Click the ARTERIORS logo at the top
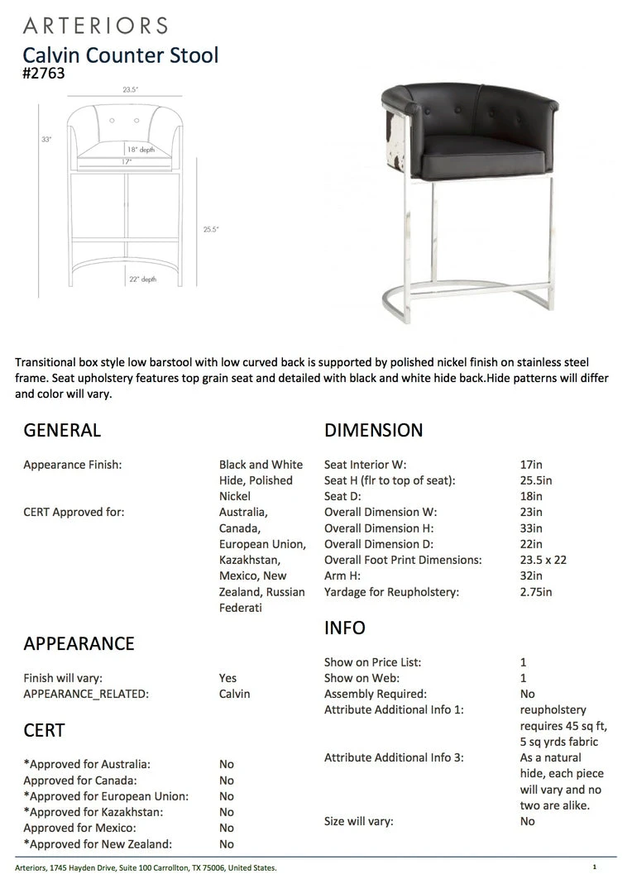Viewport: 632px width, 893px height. click(95, 26)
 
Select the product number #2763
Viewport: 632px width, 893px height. click(44, 74)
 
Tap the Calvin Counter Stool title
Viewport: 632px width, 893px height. click(121, 55)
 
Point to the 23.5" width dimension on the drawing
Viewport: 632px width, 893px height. click(130, 89)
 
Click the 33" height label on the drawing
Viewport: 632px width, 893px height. click(46, 140)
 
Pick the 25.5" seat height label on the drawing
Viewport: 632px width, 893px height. click(211, 229)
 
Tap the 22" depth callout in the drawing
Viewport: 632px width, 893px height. click(142, 279)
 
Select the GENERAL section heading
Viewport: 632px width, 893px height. click(62, 430)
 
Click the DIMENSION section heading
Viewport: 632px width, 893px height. click(373, 430)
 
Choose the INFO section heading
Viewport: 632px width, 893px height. click(345, 628)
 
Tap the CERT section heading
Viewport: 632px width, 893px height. click(44, 730)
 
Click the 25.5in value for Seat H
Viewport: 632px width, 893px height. click(536, 480)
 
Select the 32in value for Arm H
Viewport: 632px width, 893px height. click(531, 575)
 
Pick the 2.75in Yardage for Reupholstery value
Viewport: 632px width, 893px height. click(536, 592)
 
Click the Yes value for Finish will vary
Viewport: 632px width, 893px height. click(227, 678)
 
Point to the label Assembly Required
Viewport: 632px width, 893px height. click(376, 694)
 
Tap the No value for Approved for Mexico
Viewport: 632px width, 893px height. click(227, 828)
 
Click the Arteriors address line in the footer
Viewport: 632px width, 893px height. click(146, 867)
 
